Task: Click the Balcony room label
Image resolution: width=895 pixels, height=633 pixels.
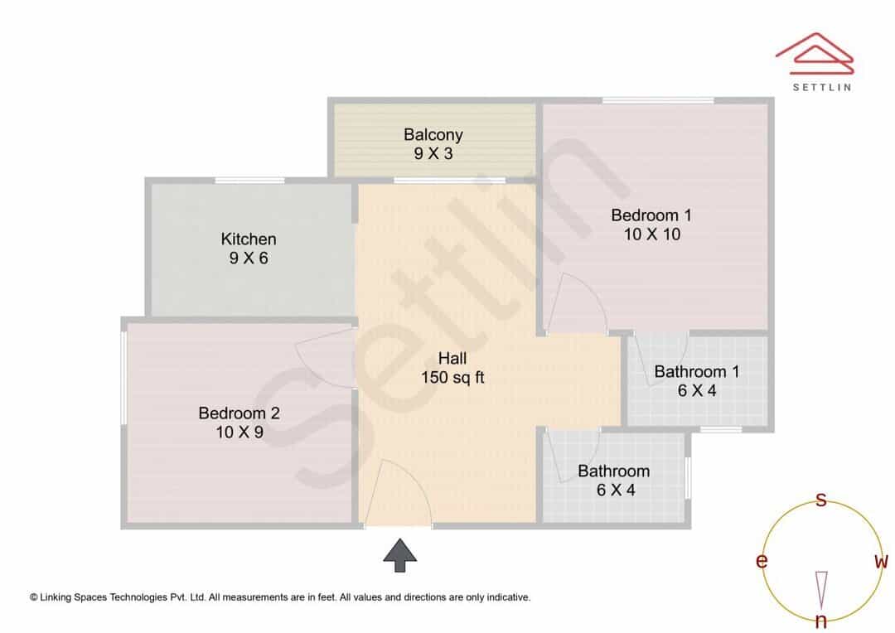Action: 433,135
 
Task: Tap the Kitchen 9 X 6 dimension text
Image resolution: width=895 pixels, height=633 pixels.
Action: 249,258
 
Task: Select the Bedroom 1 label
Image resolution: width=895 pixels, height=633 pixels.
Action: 651,215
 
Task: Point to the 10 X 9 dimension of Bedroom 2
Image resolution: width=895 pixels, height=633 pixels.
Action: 239,432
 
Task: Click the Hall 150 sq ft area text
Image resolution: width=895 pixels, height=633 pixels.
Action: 452,377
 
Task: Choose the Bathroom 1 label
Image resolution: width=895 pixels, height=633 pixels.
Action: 697,371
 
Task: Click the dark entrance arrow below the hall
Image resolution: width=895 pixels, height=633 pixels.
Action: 399,555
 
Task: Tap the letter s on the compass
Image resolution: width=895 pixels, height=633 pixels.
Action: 820,500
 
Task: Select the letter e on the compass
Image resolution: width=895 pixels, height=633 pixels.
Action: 762,561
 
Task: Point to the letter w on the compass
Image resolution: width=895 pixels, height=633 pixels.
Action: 881,561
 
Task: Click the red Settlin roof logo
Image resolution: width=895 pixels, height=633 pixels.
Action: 815,53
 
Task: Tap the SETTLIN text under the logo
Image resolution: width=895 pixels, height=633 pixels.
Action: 822,87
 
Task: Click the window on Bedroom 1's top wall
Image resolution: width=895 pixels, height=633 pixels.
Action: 658,101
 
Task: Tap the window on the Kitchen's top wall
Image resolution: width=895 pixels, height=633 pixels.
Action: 249,181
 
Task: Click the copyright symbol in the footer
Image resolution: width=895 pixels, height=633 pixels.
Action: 34,597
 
